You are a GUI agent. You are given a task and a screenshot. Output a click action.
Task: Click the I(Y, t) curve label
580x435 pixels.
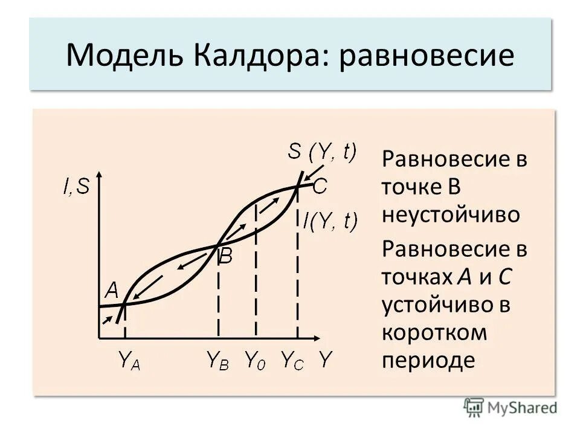[330, 221]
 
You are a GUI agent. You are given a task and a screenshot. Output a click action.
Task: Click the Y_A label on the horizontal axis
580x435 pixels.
[129, 361]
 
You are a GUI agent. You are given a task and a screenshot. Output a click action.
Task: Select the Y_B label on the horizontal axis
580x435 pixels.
[217, 361]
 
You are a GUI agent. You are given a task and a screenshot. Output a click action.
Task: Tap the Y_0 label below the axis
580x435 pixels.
[256, 361]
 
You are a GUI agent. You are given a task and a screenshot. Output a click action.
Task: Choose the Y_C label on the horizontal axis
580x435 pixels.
[293, 361]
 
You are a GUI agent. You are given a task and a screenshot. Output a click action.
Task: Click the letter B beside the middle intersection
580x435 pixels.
[225, 257]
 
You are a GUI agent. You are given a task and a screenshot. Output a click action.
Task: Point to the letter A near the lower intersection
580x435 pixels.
[112, 291]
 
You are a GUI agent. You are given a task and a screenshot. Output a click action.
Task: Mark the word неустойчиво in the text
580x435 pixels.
[450, 214]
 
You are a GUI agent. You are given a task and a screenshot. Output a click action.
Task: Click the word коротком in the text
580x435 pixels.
[434, 332]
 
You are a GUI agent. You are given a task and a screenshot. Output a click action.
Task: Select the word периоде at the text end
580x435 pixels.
[428, 360]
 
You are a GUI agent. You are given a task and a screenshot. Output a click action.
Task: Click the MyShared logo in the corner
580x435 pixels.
[511, 407]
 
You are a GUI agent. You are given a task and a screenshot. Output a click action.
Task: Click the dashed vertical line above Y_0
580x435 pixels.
[256, 272]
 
